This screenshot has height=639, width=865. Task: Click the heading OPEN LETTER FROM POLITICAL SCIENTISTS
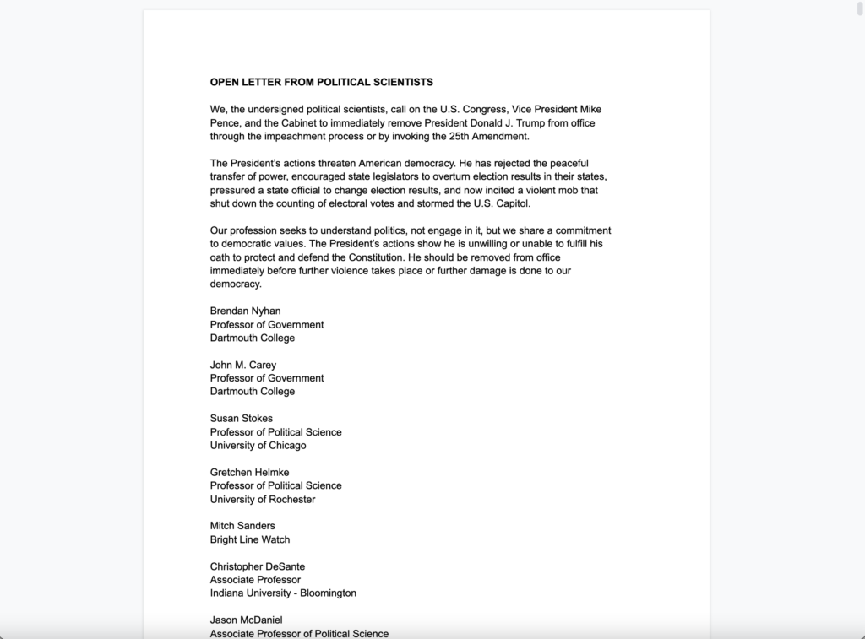(321, 83)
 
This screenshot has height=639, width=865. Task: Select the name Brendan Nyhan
(245, 311)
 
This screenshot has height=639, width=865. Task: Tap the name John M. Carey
(243, 365)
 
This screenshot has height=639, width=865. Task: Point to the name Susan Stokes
(242, 419)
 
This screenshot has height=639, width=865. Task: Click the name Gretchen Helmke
(249, 472)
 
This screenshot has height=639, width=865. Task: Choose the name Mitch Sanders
(242, 526)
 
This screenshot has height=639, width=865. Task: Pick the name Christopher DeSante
(258, 566)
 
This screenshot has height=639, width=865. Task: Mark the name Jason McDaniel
(247, 620)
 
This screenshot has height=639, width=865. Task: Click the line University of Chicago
(258, 445)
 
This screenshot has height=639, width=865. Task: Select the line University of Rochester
(263, 499)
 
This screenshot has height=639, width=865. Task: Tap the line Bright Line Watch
(250, 539)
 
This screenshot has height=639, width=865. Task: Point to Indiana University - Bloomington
(283, 593)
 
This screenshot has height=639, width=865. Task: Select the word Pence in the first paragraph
(224, 123)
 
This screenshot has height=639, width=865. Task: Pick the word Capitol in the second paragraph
(510, 203)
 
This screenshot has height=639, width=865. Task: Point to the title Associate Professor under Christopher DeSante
(255, 580)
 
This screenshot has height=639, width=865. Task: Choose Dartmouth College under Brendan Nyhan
(253, 338)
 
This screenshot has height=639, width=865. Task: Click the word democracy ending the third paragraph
(236, 284)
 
